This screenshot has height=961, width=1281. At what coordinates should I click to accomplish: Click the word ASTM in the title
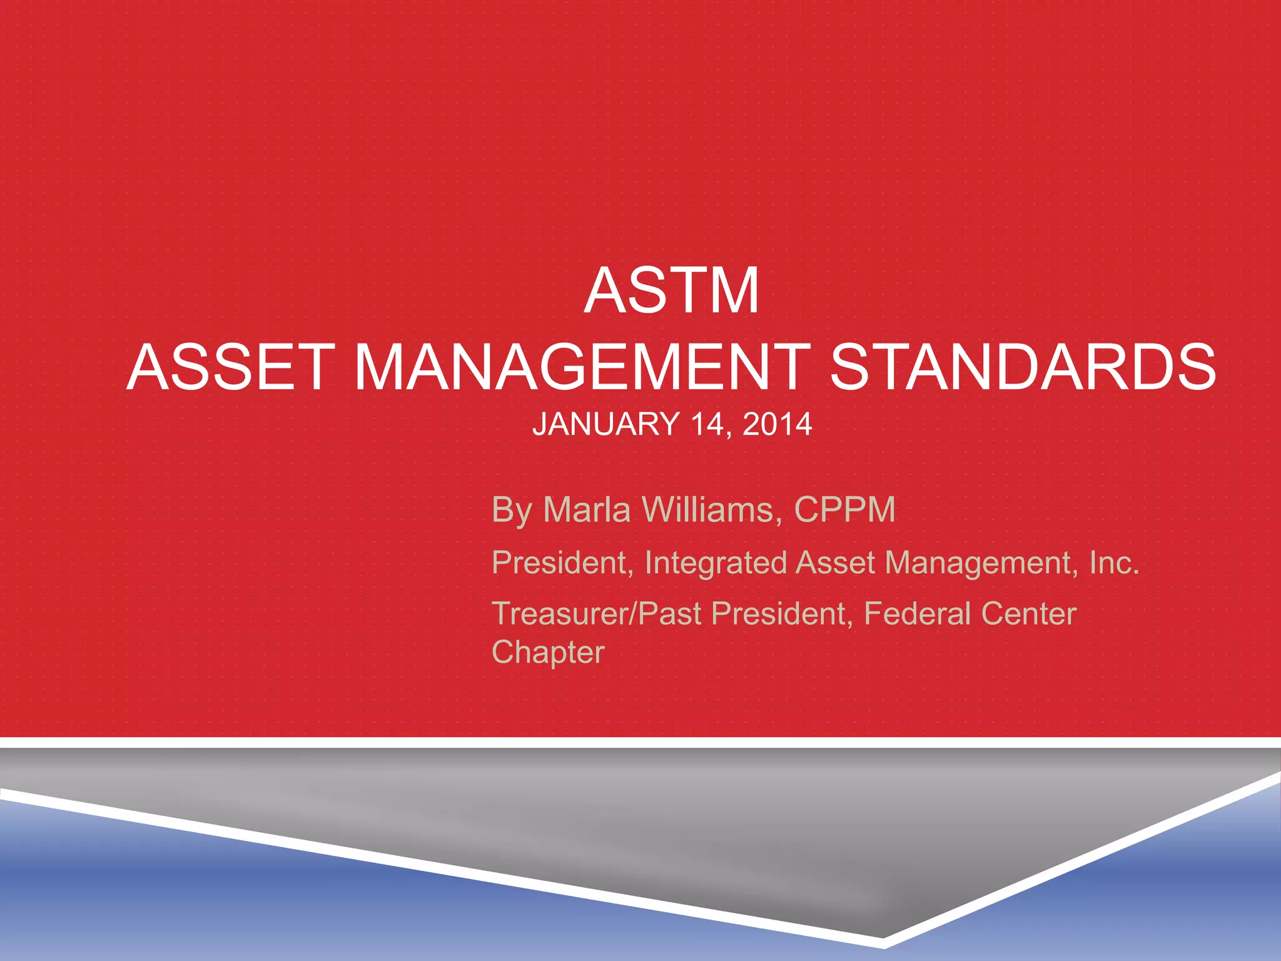[x=672, y=291]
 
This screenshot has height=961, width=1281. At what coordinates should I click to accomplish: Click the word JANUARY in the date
[x=605, y=424]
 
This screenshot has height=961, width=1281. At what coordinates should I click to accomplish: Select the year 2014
[x=777, y=424]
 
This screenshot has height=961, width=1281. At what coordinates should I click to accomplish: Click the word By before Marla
[x=512, y=511]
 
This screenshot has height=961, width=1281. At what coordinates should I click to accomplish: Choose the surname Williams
[x=712, y=509]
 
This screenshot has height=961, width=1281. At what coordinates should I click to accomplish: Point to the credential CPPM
[x=844, y=509]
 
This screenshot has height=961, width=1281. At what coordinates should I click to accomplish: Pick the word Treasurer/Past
[x=596, y=613]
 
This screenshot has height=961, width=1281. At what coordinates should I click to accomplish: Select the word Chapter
[x=548, y=653]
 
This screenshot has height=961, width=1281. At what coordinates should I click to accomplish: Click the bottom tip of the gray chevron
[x=883, y=937]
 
